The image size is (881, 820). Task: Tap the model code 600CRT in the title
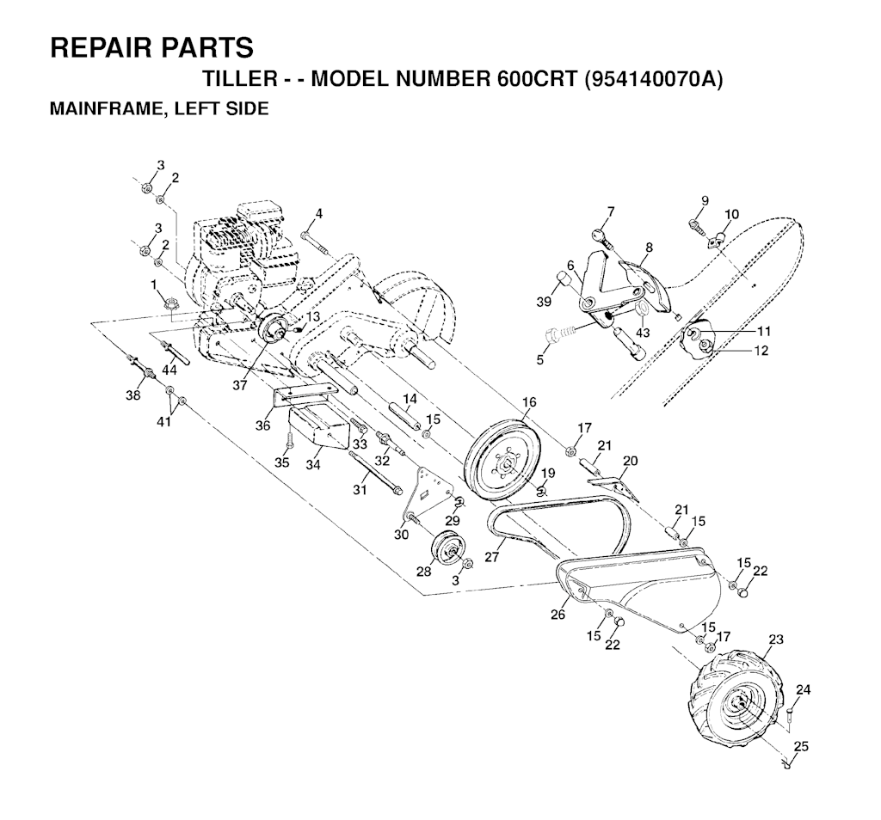point(537,79)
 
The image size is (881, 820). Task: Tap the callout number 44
point(169,370)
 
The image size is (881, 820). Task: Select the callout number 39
point(544,302)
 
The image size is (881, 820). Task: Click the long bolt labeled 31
point(375,473)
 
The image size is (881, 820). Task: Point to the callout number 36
point(262,425)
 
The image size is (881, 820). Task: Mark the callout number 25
point(801,746)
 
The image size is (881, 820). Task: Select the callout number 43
point(642,333)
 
